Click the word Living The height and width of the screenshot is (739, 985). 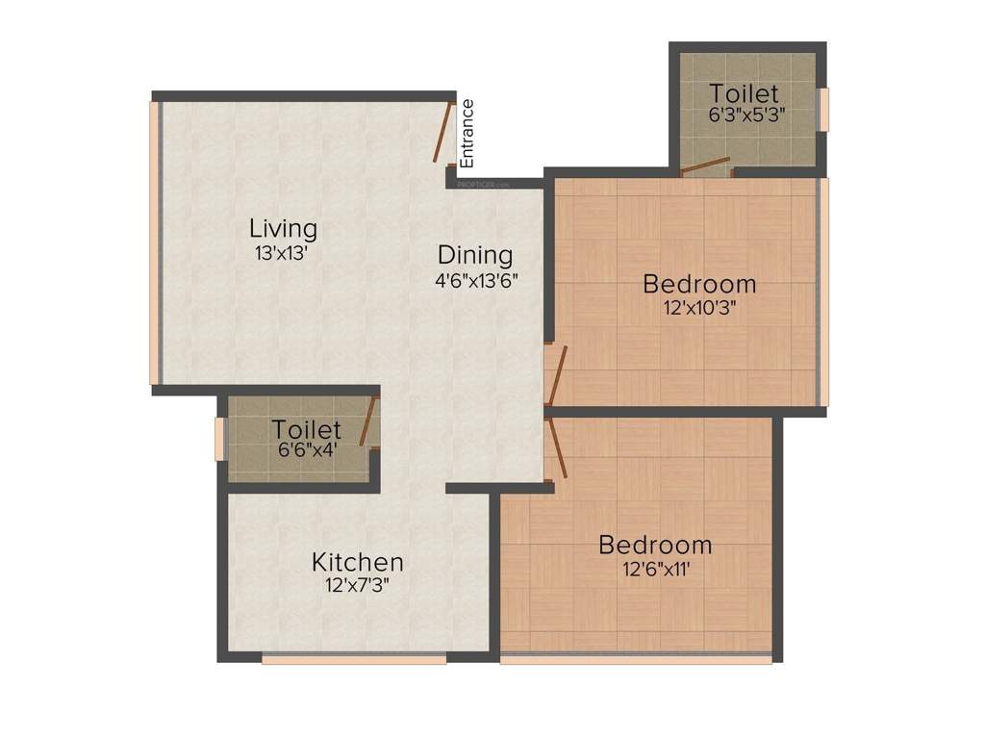pyautogui.click(x=283, y=229)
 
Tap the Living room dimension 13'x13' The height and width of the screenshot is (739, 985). pyautogui.click(x=282, y=253)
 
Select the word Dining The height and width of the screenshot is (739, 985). pyautogui.click(x=475, y=255)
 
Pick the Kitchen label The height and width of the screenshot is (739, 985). pyautogui.click(x=357, y=561)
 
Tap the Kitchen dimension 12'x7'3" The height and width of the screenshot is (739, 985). pyautogui.click(x=357, y=584)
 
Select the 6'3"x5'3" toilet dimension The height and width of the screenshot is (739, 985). pyautogui.click(x=745, y=113)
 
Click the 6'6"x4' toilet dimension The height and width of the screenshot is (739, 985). pyautogui.click(x=307, y=448)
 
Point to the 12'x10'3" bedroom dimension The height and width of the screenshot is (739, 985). pyautogui.click(x=699, y=308)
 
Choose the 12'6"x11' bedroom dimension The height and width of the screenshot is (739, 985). pyautogui.click(x=656, y=568)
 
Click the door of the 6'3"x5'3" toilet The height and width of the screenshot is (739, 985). pyautogui.click(x=706, y=166)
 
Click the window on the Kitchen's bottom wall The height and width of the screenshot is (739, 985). pyautogui.click(x=354, y=659)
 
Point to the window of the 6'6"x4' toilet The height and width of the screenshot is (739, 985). pyautogui.click(x=219, y=437)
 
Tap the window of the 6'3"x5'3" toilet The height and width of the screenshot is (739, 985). pyautogui.click(x=822, y=109)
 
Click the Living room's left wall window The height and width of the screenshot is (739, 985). pyautogui.click(x=154, y=242)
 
